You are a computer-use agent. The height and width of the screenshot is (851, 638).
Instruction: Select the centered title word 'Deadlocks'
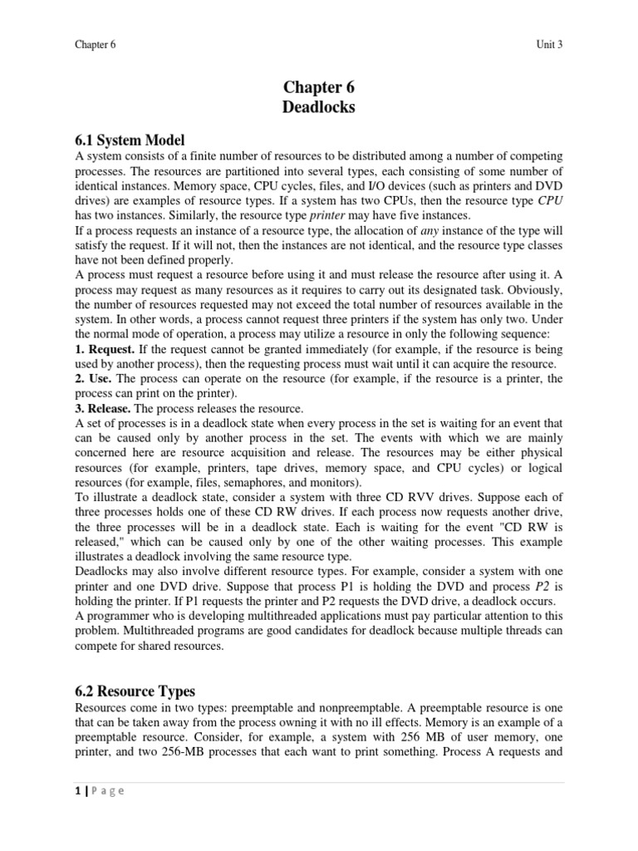319,107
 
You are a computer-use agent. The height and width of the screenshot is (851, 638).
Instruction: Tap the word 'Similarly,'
173,216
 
